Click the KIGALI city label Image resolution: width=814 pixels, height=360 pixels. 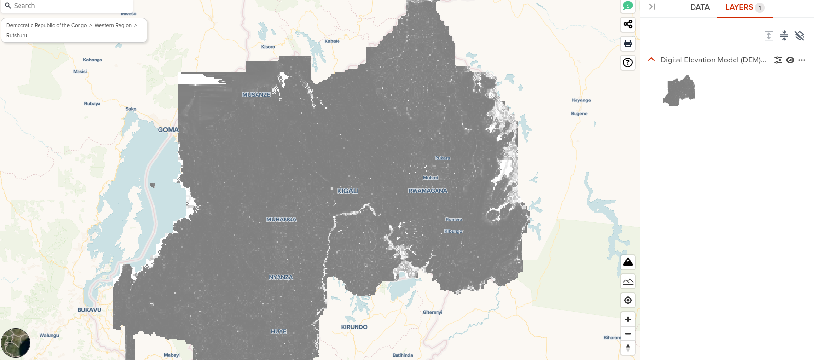(348, 191)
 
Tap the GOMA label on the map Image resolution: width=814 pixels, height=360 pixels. (168, 130)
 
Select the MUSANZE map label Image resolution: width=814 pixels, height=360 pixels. (256, 95)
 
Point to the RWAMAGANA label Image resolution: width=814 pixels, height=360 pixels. (428, 191)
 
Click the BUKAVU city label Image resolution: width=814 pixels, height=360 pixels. (89, 310)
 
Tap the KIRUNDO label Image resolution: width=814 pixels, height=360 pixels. (354, 327)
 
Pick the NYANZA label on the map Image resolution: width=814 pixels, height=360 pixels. (281, 277)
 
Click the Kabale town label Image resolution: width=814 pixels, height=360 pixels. (332, 41)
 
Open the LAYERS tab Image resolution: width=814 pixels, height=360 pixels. (739, 7)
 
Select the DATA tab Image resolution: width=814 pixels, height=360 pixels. (700, 7)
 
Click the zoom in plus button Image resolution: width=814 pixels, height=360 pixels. (628, 319)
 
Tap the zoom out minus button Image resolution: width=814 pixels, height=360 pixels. (628, 334)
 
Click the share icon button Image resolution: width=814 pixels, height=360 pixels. (628, 24)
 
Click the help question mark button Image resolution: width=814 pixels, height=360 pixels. (628, 62)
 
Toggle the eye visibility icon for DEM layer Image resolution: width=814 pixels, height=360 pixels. (790, 60)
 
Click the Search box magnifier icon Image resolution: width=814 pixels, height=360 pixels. (8, 6)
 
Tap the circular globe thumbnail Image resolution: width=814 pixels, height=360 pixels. (16, 343)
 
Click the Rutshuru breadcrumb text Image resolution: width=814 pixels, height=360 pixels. (17, 35)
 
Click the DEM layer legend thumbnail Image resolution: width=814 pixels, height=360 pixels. (679, 90)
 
